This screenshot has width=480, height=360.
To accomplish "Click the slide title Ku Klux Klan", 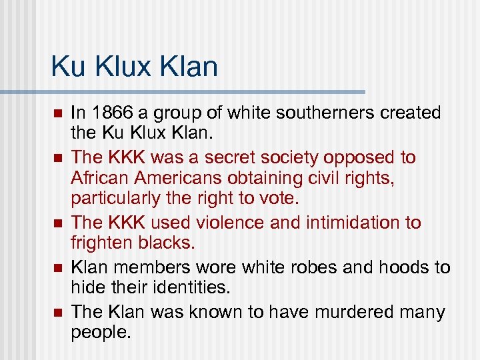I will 134,67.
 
